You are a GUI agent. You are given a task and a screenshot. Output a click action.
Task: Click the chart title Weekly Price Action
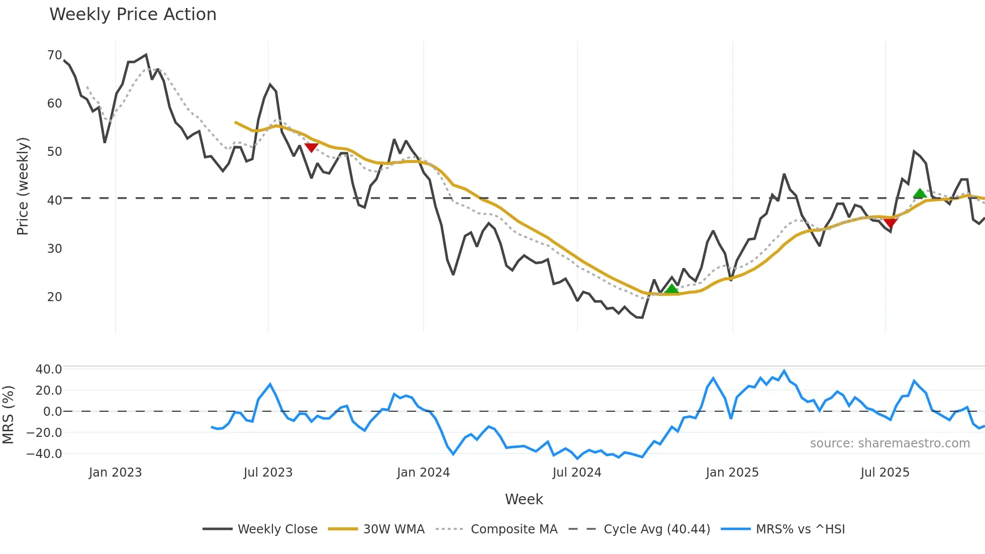133,15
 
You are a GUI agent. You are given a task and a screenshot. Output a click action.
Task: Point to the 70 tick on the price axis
54,55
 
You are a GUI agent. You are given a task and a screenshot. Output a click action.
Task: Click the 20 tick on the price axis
54,297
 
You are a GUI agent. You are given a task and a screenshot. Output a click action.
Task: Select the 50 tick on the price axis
54,152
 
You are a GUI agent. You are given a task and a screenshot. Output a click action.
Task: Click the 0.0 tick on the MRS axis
52,412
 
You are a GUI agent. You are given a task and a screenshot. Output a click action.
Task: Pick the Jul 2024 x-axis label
576,473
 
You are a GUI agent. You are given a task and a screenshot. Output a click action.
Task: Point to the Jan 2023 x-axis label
115,473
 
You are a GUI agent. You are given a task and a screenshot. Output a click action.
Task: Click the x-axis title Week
524,499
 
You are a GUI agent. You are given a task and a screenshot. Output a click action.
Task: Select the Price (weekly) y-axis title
23,186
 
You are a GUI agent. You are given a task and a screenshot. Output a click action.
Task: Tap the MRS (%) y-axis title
8,415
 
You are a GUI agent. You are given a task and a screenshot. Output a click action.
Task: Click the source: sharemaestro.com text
890,443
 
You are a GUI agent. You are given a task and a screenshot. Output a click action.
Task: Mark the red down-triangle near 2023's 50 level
311,147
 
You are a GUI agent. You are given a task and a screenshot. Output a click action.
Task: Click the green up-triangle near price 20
671,289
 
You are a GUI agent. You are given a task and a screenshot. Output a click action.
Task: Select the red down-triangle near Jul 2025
891,223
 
